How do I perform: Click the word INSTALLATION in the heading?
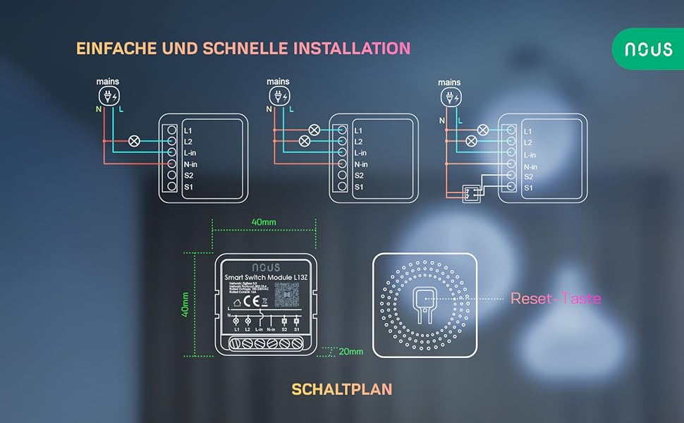point(351,49)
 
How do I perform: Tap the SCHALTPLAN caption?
point(341,389)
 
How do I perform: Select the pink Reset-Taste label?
point(556,299)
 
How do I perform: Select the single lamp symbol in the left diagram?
point(132,141)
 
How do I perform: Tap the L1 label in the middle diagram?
point(358,130)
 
